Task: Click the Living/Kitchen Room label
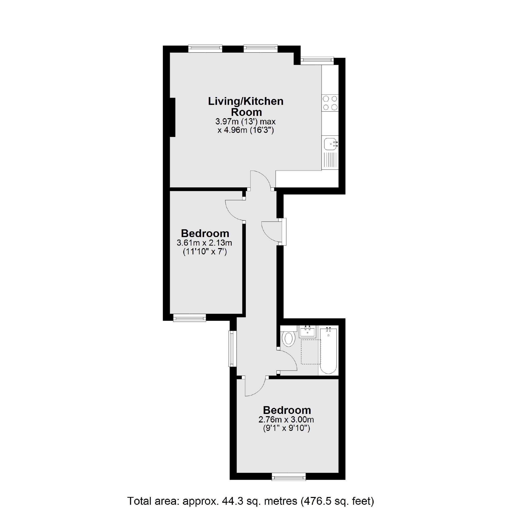(x=246, y=106)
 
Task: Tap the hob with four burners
(x=330, y=103)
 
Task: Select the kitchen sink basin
(x=330, y=143)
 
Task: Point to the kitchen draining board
(x=330, y=160)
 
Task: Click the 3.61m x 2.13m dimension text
(x=204, y=242)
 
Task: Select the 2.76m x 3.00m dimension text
(x=286, y=419)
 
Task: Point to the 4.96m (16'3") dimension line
(x=246, y=130)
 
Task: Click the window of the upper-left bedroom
(x=189, y=318)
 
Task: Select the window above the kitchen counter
(x=317, y=60)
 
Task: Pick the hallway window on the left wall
(x=232, y=349)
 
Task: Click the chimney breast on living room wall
(x=173, y=117)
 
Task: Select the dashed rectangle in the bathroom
(x=311, y=352)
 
